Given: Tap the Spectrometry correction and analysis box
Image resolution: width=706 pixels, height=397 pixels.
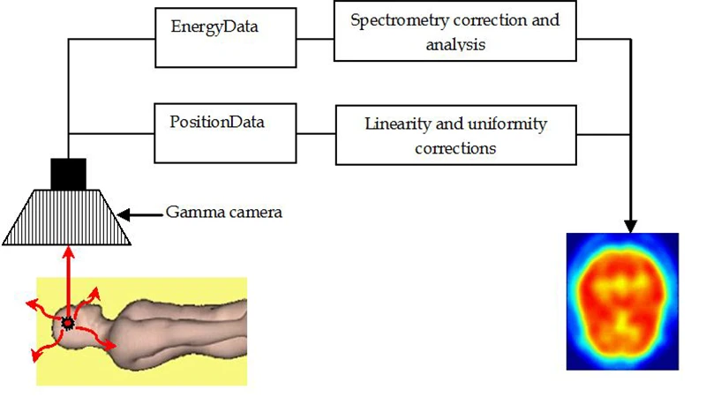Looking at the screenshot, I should pyautogui.click(x=454, y=34).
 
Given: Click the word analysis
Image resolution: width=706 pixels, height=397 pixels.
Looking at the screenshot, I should pyautogui.click(x=454, y=45).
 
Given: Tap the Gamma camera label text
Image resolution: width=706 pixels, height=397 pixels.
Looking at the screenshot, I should pyautogui.click(x=224, y=213).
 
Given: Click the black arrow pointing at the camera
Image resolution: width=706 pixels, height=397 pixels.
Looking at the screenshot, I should pyautogui.click(x=137, y=213).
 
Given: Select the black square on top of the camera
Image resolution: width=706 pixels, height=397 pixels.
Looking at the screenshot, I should pyautogui.click(x=68, y=174).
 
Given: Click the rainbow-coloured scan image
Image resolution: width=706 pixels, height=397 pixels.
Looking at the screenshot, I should pyautogui.click(x=621, y=299).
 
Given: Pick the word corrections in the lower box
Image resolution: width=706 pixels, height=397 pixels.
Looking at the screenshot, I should pyautogui.click(x=454, y=147).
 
